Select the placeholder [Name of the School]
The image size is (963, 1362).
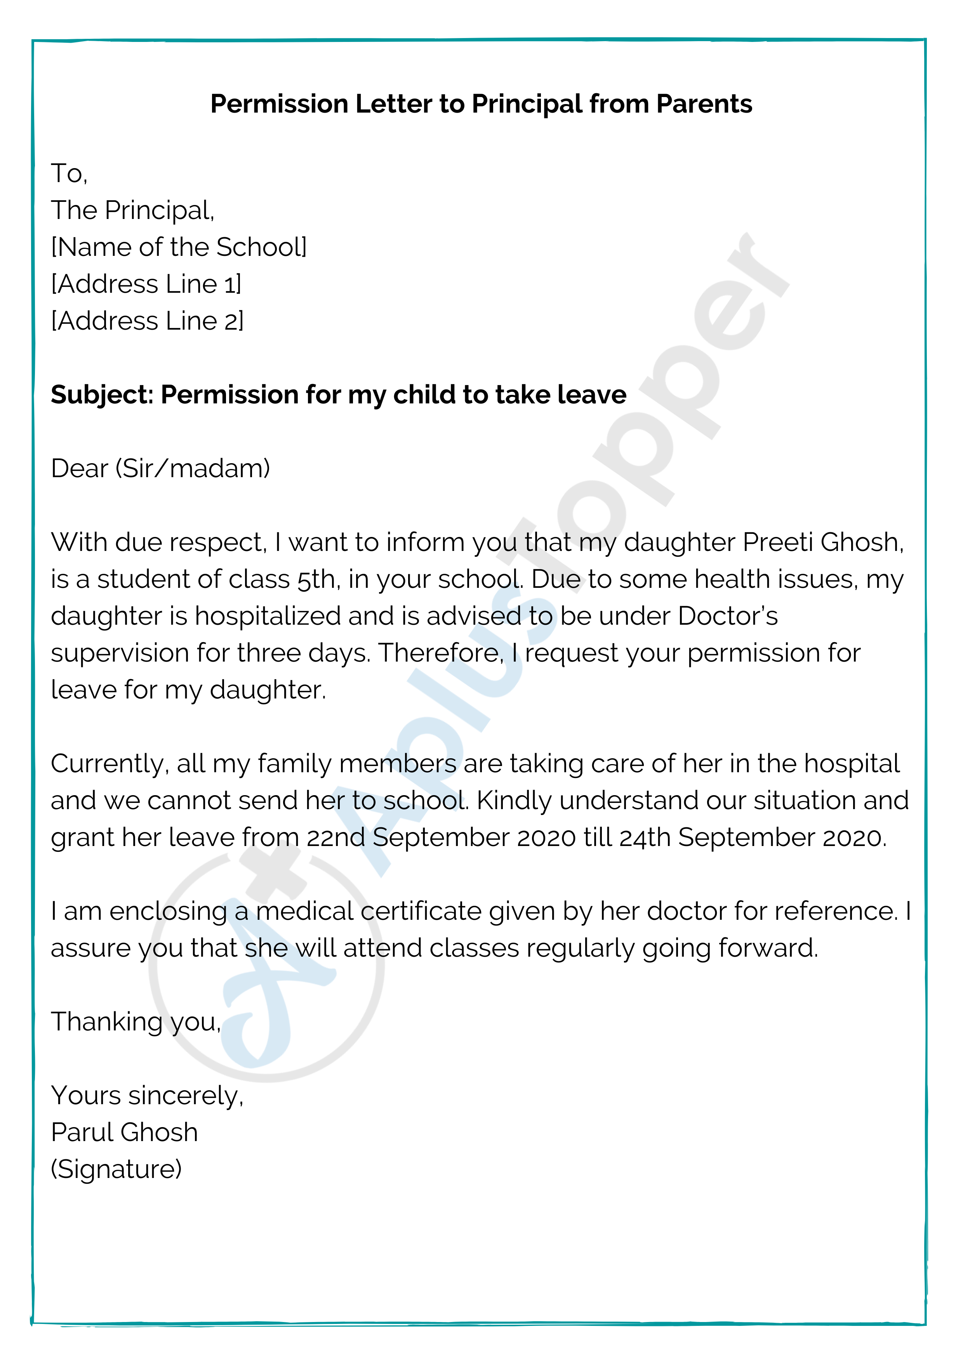coord(179,247)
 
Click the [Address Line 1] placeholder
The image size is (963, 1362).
coord(146,284)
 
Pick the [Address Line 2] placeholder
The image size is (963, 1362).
coord(147,321)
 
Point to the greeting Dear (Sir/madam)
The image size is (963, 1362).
coord(160,469)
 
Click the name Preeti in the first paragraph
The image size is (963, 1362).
coord(777,542)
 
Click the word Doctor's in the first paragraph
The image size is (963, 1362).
coord(727,616)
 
